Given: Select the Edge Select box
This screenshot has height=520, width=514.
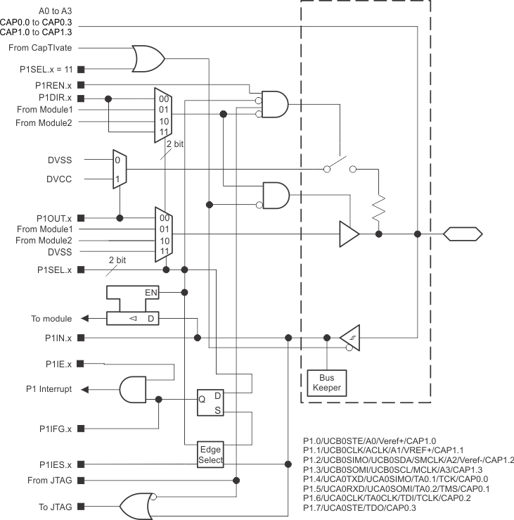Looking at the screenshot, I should pyautogui.click(x=211, y=455).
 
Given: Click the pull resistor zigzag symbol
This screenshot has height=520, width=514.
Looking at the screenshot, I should pyautogui.click(x=379, y=207).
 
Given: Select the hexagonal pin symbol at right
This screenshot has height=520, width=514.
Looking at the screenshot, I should pyautogui.click(x=463, y=234).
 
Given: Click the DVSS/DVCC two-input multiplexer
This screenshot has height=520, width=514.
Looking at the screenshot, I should pyautogui.click(x=120, y=169).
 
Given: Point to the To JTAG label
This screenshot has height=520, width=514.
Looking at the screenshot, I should pyautogui.click(x=58, y=506).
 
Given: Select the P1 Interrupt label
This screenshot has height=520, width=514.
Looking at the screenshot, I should pyautogui.click(x=49, y=389).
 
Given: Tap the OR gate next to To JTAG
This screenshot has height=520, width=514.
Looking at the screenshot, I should pyautogui.click(x=138, y=505).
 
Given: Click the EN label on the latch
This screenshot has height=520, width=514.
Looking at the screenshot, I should pyautogui.click(x=150, y=291).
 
